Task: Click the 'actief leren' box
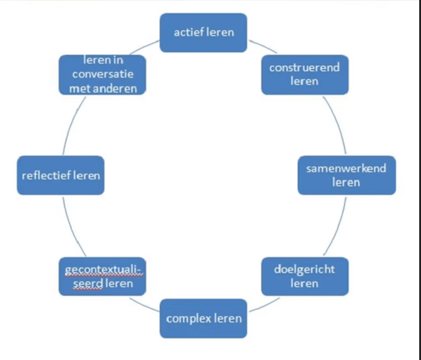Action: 203,33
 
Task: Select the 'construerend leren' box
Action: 305,75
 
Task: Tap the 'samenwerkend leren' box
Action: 347,175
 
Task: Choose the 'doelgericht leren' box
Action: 305,277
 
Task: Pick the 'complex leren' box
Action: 203,319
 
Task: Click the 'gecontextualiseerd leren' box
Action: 102,277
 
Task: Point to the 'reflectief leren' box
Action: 61,175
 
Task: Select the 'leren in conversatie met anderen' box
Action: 102,75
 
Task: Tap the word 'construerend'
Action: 304,67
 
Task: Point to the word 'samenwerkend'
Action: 346,169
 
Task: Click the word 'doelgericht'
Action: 304,270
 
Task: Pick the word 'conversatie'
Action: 103,74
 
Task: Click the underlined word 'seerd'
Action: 88,284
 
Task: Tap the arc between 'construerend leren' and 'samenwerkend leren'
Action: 338,123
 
